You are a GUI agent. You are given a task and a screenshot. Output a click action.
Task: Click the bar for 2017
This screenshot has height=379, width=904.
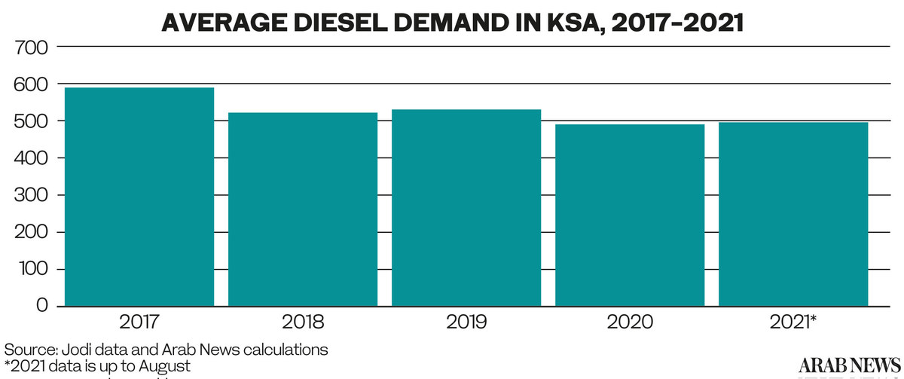[x=139, y=197]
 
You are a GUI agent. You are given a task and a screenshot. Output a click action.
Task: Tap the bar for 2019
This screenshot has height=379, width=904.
[x=466, y=208]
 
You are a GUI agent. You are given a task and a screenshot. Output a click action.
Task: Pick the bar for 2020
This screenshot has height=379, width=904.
[x=630, y=215]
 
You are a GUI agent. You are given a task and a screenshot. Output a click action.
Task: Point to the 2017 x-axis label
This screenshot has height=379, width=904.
[x=139, y=323]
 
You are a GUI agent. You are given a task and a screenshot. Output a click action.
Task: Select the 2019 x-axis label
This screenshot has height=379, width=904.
[x=466, y=323]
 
